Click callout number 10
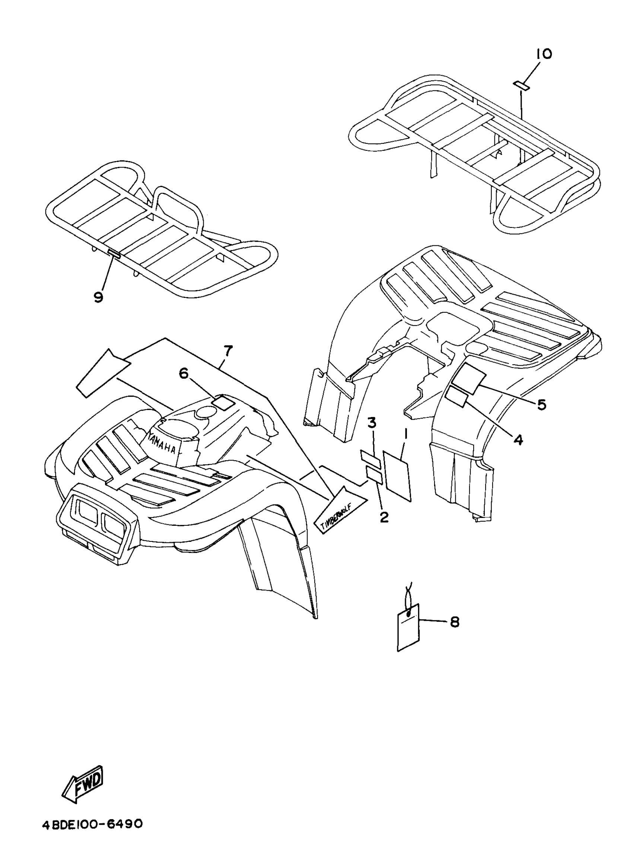click(x=544, y=54)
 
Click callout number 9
click(x=98, y=296)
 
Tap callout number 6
click(x=184, y=373)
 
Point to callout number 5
click(x=541, y=404)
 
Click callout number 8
click(x=454, y=622)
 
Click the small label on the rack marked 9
click(x=114, y=253)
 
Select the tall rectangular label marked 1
click(x=397, y=475)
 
